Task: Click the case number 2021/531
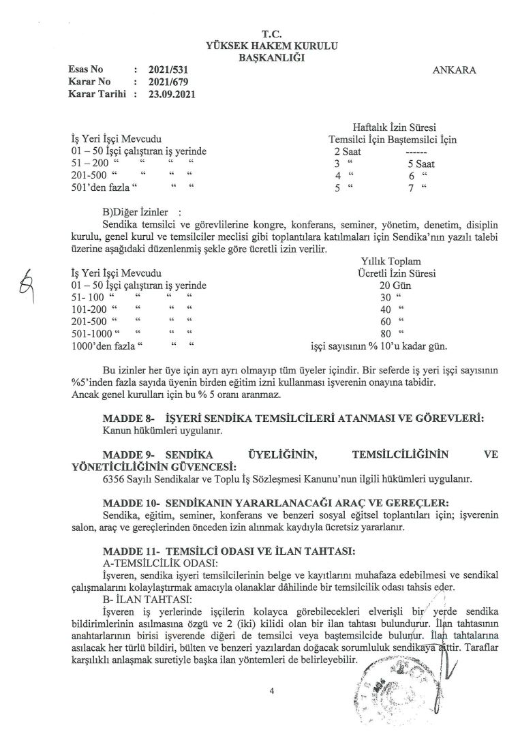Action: [x=168, y=70]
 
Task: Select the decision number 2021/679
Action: [x=168, y=82]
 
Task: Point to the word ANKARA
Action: [x=455, y=70]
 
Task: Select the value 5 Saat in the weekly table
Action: [x=420, y=164]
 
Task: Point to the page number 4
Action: [x=271, y=692]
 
